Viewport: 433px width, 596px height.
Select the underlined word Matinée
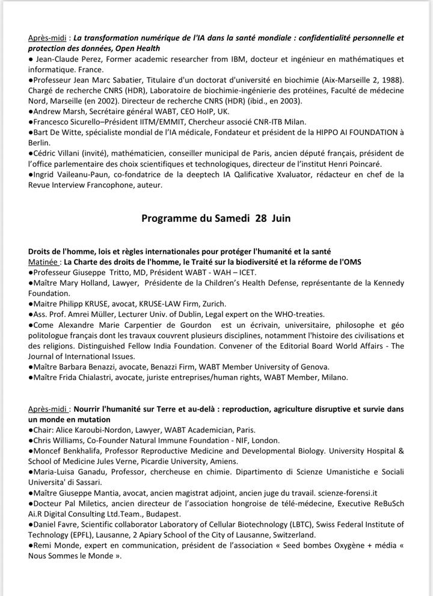43,262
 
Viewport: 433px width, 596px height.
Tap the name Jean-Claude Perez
66,59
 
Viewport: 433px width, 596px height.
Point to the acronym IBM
240,59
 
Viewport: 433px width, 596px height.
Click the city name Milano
333,377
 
